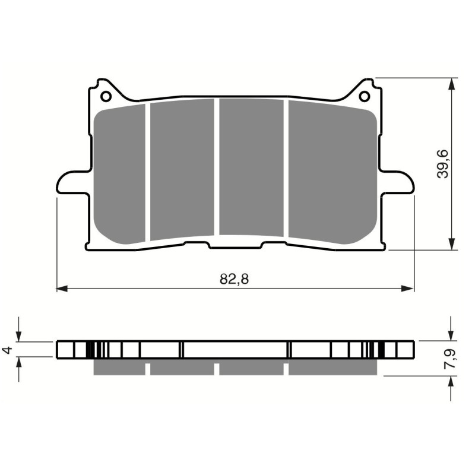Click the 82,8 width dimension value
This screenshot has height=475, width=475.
[x=233, y=280]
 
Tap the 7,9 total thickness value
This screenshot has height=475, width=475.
[x=453, y=360]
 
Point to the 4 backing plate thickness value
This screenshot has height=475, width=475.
[x=8, y=350]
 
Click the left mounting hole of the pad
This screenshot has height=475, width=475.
[x=106, y=96]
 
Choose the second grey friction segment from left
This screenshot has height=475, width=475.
[x=182, y=169]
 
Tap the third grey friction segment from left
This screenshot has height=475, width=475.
[x=251, y=167]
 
